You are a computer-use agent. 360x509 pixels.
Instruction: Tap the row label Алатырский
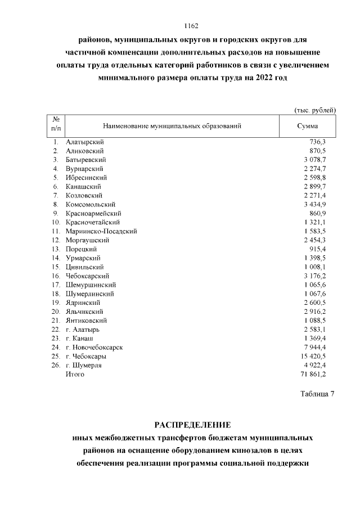[84, 142]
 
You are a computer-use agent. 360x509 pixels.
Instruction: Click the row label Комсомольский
[90, 204]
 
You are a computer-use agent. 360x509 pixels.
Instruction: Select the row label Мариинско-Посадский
[101, 231]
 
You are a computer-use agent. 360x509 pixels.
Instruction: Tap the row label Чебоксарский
[88, 276]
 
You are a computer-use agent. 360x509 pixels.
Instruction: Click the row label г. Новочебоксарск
[94, 347]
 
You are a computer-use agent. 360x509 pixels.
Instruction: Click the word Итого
[75, 374]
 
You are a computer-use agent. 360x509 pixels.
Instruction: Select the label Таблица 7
[316, 394]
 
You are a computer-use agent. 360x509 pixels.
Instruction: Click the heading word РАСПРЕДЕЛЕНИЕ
[192, 424]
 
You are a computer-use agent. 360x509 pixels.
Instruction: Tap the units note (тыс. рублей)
[315, 109]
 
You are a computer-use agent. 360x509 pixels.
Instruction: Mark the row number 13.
[56, 249]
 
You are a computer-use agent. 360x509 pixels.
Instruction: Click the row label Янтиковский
[87, 320]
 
